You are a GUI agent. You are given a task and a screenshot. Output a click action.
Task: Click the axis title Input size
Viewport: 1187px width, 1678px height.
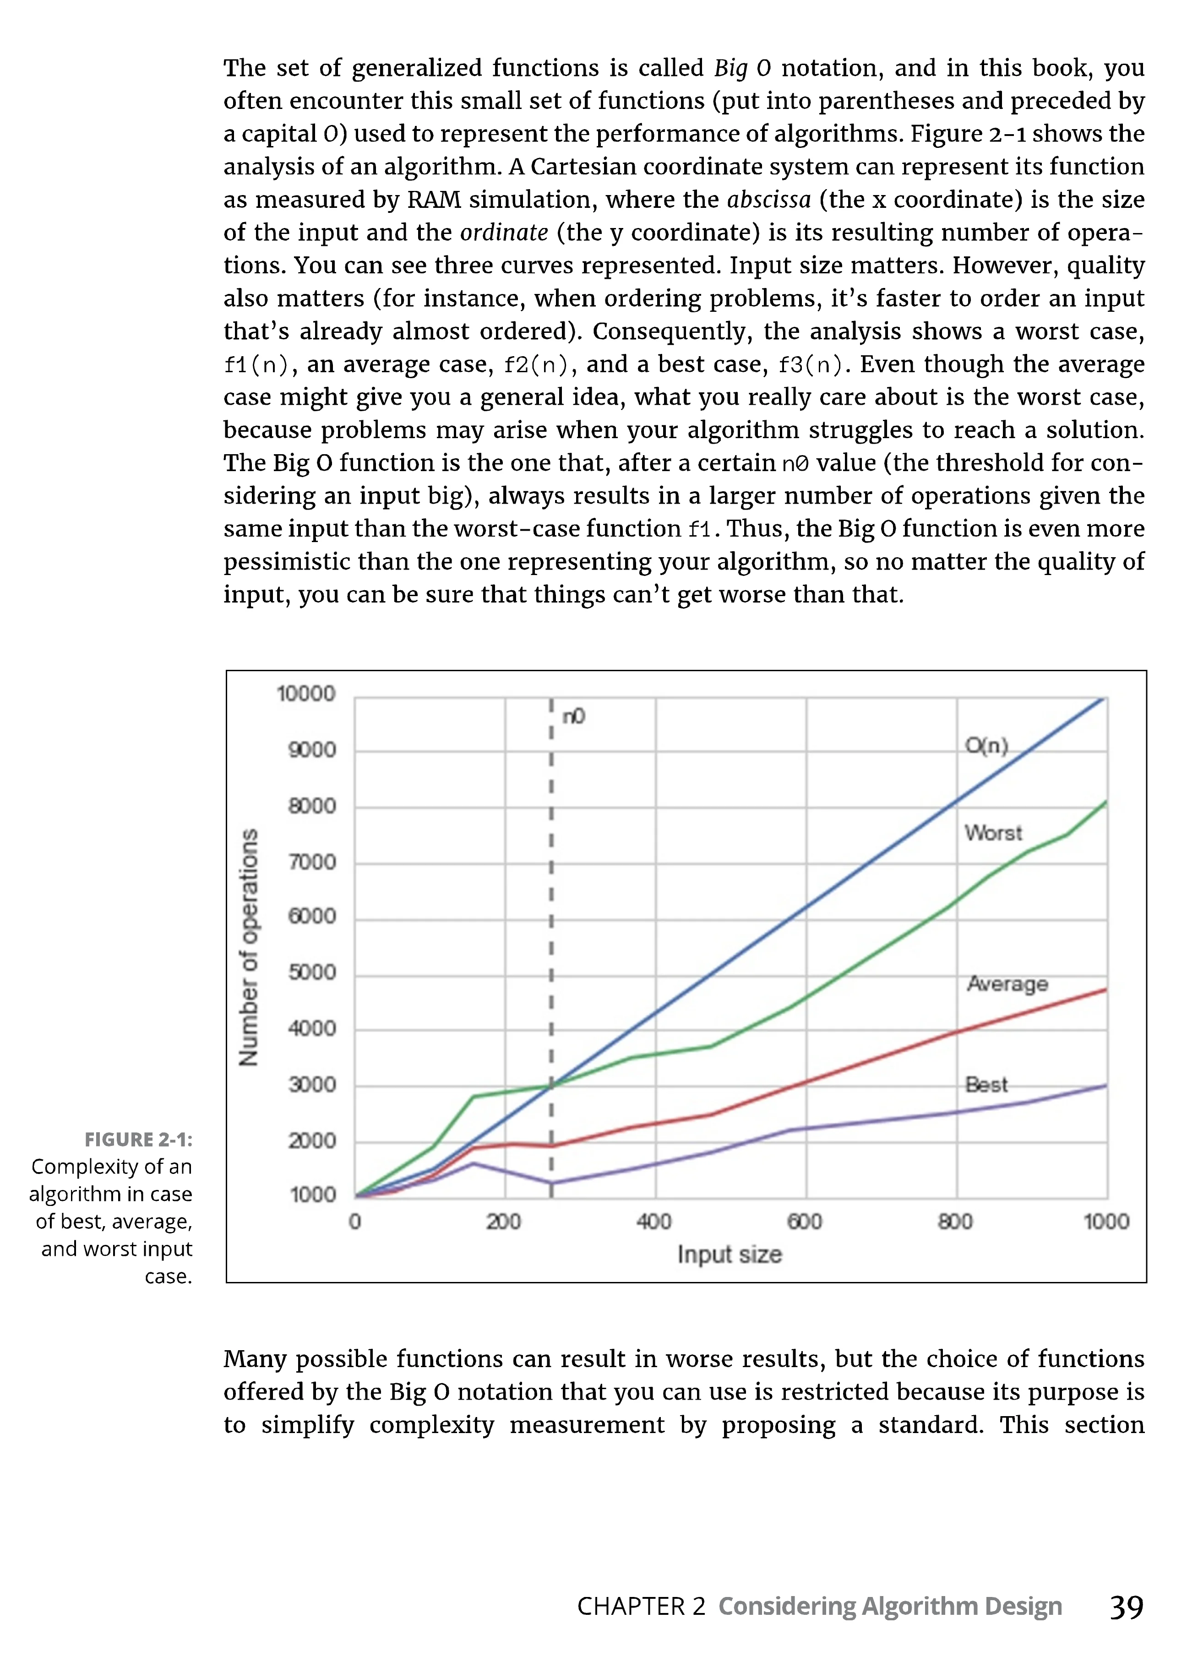point(730,1254)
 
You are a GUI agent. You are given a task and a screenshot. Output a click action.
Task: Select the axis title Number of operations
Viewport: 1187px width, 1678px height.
point(249,947)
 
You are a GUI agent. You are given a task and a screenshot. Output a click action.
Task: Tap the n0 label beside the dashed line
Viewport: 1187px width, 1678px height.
point(574,716)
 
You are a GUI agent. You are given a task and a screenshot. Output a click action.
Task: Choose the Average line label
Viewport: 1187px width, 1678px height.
point(1007,984)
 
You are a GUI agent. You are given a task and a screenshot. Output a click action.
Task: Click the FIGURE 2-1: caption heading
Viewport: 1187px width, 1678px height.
point(138,1140)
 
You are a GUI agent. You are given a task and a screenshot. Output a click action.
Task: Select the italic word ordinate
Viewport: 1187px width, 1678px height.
point(504,233)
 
